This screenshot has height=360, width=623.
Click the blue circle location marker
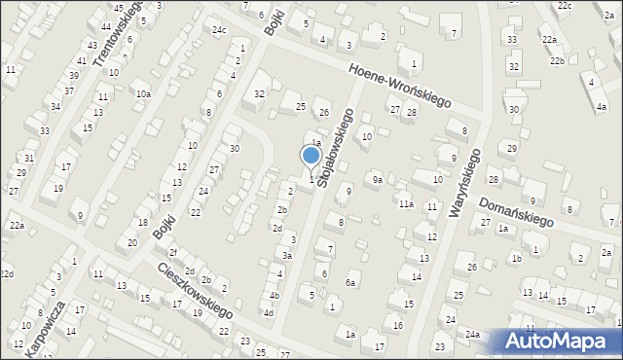tap(311, 155)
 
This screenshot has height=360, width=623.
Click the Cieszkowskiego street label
tap(195, 289)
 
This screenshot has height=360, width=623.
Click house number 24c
tap(220, 29)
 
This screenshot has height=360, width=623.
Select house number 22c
tap(566, 5)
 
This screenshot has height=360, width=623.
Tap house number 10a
tap(143, 93)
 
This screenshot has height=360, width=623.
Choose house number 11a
tap(405, 203)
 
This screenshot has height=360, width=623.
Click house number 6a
tap(351, 282)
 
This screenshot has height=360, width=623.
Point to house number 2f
tap(172, 253)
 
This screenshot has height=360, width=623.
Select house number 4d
tap(268, 312)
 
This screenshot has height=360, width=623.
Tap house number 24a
tap(472, 334)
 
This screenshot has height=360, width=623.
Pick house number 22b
tap(556, 61)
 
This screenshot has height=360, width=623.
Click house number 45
tap(118, 9)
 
